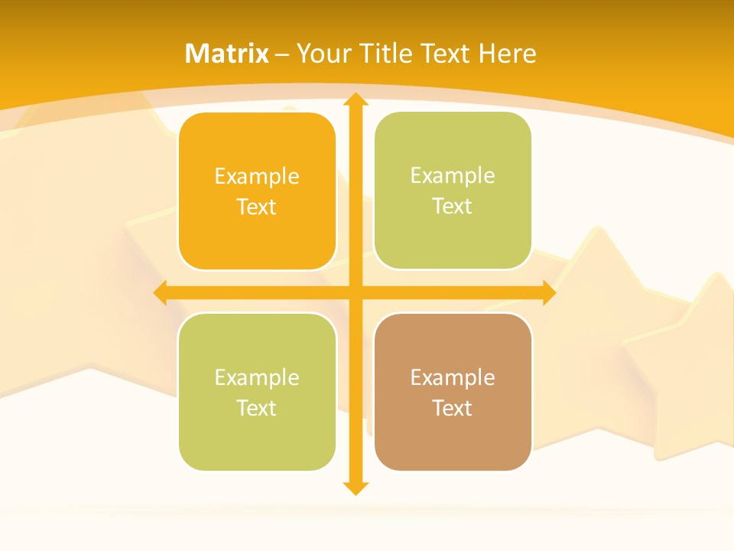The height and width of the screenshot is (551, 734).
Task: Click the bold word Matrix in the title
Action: [x=227, y=54]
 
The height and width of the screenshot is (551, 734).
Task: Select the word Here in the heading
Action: [x=507, y=54]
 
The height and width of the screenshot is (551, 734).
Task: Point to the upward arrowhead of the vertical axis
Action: [x=355, y=99]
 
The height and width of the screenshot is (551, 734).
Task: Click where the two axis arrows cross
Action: [x=355, y=292]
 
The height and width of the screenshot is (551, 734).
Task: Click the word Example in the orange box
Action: [x=257, y=177]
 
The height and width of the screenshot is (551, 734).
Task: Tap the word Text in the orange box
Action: [x=257, y=207]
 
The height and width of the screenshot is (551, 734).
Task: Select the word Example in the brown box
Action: [x=453, y=377]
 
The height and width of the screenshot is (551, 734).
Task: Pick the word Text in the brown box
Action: [x=453, y=408]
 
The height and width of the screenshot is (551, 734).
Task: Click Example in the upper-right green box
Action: [x=453, y=176]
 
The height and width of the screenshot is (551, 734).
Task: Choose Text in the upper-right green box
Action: [x=453, y=207]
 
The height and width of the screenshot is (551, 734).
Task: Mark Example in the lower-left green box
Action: [x=257, y=377]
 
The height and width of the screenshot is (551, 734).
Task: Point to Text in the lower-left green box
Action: [x=257, y=408]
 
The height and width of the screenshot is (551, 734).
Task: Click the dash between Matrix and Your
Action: [x=282, y=54]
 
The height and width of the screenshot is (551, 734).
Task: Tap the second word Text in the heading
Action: [x=447, y=54]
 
